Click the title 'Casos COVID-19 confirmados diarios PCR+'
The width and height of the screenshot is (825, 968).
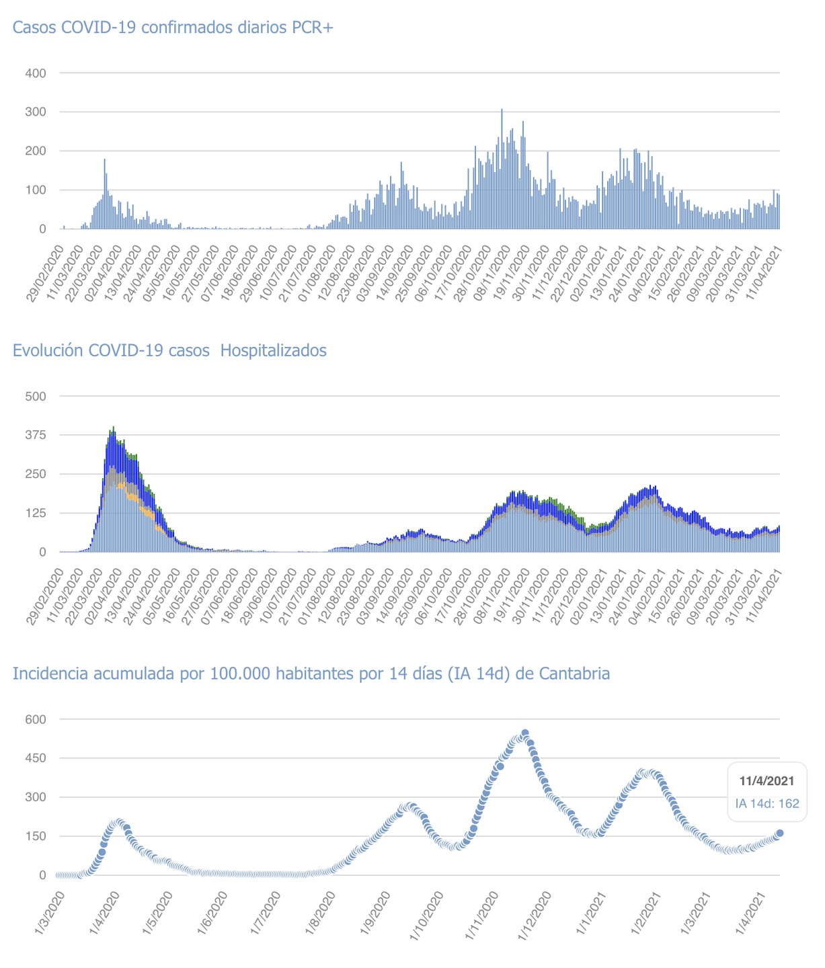point(173,28)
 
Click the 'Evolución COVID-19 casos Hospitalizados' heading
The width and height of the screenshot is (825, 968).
point(169,350)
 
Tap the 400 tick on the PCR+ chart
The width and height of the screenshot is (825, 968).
point(36,73)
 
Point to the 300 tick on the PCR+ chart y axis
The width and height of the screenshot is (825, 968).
point(36,112)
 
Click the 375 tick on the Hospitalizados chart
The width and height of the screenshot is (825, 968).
point(36,435)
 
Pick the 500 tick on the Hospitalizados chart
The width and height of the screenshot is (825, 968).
point(36,396)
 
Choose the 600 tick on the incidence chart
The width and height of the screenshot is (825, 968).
point(36,719)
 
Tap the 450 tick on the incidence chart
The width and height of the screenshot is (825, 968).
point(36,758)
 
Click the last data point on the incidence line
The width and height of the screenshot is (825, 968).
point(780,833)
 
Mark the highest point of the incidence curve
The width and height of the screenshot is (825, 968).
point(525,733)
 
